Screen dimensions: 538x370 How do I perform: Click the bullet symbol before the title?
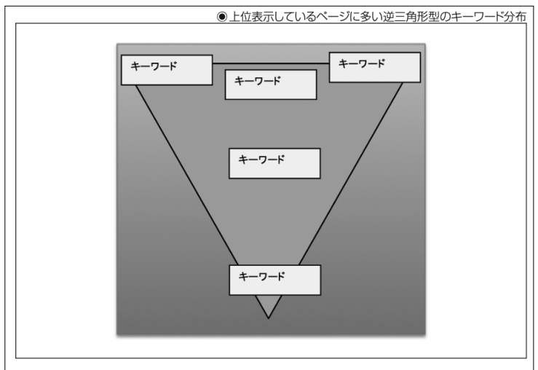tap(222, 17)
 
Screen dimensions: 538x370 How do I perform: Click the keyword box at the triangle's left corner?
tap(167, 70)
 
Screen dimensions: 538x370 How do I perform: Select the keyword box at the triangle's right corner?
tap(375, 67)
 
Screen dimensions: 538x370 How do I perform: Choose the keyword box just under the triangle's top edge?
tap(271, 84)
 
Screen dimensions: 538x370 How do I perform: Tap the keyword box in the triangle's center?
tap(274, 163)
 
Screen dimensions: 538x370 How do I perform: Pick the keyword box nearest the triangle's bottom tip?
tap(275, 280)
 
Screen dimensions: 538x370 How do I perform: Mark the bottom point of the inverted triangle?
tap(269, 318)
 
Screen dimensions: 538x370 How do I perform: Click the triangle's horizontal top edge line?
tap(271, 63)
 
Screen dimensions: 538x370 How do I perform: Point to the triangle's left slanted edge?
tap(187, 175)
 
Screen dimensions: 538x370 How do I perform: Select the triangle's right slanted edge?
tap(351, 173)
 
